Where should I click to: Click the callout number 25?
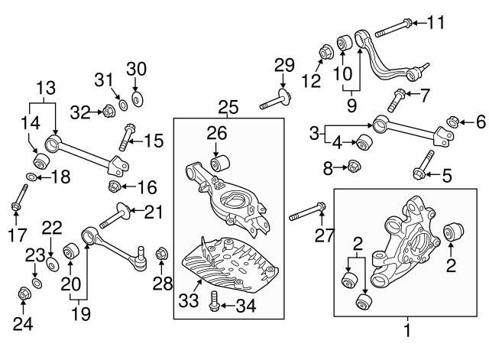pyautogui.click(x=228, y=107)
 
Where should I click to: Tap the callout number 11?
pyautogui.click(x=436, y=22)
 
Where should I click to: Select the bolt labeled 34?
pyautogui.click(x=214, y=300)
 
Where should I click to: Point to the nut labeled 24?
pyautogui.click(x=24, y=294)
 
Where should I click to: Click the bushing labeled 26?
pyautogui.click(x=220, y=163)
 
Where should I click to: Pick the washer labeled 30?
pyautogui.click(x=137, y=99)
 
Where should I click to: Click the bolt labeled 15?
pyautogui.click(x=127, y=137)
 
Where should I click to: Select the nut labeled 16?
pyautogui.click(x=115, y=186)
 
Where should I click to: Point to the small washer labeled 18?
pyautogui.click(x=31, y=177)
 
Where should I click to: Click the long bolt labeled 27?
pyautogui.click(x=307, y=212)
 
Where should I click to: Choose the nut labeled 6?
pyautogui.click(x=452, y=122)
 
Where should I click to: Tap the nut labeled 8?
pyautogui.click(x=354, y=166)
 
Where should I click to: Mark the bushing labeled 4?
pyautogui.click(x=364, y=142)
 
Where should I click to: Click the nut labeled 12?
pyautogui.click(x=326, y=53)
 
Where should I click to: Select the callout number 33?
pyautogui.click(x=189, y=300)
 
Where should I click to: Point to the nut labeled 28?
pyautogui.click(x=161, y=253)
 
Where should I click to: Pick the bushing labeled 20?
pyautogui.click(x=71, y=250)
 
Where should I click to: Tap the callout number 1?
pyautogui.click(x=407, y=331)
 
